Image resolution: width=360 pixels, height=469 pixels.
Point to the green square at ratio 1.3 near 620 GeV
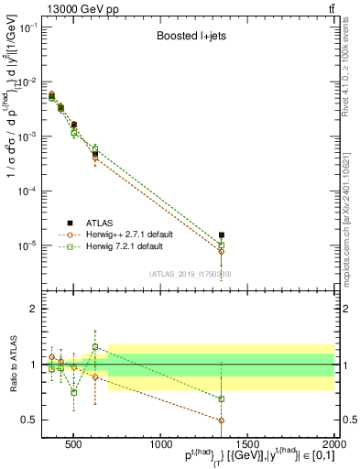95,346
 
